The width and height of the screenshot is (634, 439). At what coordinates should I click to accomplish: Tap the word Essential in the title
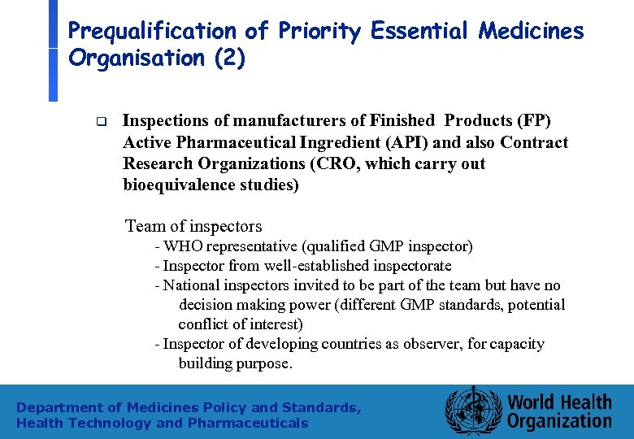(x=420, y=31)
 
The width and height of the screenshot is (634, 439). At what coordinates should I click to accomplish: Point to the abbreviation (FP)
(x=534, y=121)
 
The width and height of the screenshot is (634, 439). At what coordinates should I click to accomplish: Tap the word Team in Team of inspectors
(x=145, y=226)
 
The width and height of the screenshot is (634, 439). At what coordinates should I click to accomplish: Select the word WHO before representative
(x=184, y=246)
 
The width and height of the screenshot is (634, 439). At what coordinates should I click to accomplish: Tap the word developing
(x=280, y=344)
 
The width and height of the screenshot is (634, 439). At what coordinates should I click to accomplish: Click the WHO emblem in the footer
(x=472, y=411)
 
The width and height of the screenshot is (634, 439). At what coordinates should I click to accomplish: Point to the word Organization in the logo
(x=559, y=421)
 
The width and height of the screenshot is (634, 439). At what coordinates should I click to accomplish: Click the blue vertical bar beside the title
(x=53, y=50)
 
